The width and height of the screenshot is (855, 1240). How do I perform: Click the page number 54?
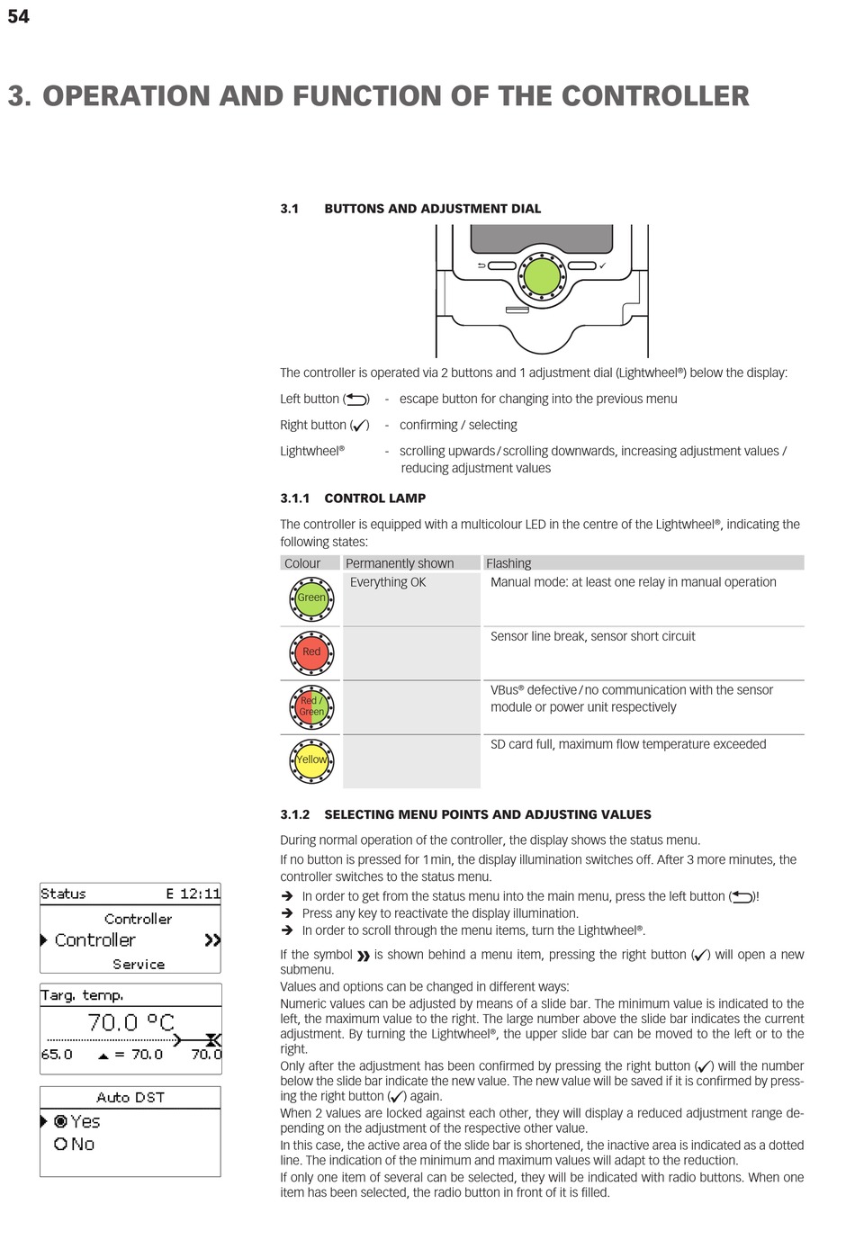[18, 16]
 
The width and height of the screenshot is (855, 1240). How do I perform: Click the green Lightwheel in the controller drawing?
[542, 276]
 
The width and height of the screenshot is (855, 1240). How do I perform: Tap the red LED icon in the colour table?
[311, 652]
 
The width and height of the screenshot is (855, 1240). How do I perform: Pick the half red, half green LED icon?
[311, 706]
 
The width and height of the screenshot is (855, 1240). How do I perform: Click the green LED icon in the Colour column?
[311, 598]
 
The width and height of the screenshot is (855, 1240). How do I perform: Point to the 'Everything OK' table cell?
[388, 582]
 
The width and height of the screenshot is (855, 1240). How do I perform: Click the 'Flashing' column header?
[508, 563]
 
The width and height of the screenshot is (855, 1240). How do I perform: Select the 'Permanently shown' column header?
[400, 563]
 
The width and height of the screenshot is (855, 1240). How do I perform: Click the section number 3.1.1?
[294, 498]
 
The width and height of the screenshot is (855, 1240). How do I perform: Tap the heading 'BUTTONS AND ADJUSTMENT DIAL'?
[432, 209]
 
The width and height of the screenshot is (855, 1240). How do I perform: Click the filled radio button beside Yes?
[61, 1121]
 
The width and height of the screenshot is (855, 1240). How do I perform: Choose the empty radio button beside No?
[61, 1144]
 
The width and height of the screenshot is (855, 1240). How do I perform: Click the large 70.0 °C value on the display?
[130, 1022]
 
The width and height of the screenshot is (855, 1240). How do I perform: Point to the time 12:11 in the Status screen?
[200, 894]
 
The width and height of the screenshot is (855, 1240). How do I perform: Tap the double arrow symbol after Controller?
[212, 940]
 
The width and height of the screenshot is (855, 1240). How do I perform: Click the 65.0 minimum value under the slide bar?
[57, 1054]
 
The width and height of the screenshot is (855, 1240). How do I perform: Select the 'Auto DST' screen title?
[130, 1097]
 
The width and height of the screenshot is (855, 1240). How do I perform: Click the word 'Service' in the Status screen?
[139, 964]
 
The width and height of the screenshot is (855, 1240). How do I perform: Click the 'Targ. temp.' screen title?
[82, 995]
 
